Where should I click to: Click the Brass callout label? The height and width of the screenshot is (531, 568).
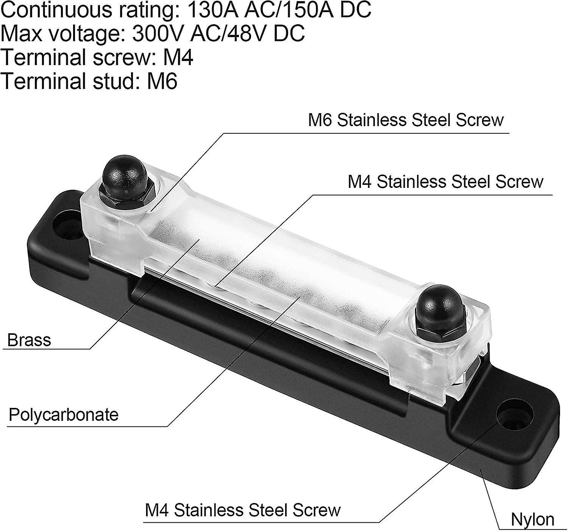coord(29,340)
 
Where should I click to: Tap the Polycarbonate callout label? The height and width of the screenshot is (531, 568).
coord(64,415)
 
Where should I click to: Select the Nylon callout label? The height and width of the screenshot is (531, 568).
coord(532,519)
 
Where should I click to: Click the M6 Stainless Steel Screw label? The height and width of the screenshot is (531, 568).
coord(406,120)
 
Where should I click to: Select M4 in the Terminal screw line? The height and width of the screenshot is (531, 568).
coord(178,58)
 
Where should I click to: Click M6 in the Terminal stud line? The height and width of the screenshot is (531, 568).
coord(162,81)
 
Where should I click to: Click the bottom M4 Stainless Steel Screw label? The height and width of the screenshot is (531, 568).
coord(243,510)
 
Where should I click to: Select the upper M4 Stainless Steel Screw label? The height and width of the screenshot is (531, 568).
coord(445,182)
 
